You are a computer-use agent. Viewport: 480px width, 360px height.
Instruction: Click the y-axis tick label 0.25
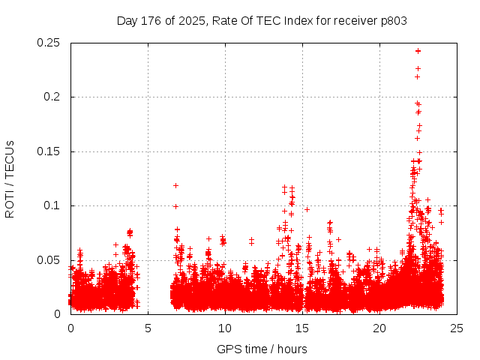point(49,43)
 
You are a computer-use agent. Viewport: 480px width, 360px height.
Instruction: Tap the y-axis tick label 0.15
point(49,151)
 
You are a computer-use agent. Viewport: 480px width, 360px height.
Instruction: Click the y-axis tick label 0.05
point(49,260)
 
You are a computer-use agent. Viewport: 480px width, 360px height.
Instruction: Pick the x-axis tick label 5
point(148,328)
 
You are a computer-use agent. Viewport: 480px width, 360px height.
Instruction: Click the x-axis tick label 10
point(225,328)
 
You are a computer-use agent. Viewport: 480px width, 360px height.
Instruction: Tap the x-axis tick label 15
point(302,328)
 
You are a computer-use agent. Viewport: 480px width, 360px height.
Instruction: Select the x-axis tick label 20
point(379,328)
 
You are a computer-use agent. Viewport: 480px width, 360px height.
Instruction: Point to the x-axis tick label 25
point(457,328)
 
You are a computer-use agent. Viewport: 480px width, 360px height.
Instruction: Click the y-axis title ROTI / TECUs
point(10,178)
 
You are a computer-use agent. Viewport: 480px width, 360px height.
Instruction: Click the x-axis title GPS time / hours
point(262,349)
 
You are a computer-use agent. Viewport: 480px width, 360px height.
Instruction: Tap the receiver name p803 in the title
point(393,21)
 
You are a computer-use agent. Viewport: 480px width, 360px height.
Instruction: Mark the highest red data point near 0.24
point(418,51)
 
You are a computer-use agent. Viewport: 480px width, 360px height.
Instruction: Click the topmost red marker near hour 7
point(175,185)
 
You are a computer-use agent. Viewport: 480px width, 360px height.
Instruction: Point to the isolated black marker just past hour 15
point(307,209)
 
